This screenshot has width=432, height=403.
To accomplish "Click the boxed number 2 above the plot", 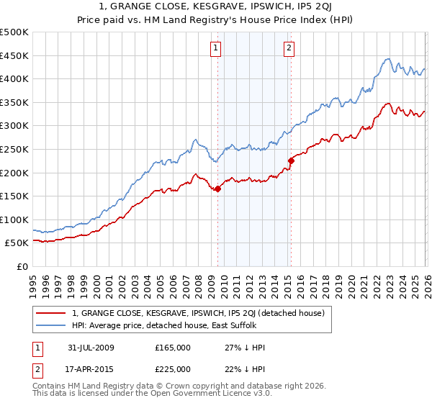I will [x=289, y=48].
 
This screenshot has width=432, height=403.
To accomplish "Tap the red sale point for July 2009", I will [x=217, y=189].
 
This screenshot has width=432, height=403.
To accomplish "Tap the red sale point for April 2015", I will [x=291, y=160].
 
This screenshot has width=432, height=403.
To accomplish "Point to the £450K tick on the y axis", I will [x=14, y=55].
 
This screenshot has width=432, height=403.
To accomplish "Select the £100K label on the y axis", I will [x=14, y=219].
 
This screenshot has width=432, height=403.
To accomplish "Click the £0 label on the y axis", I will [x=22, y=266].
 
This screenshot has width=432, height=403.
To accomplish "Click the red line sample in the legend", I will [x=51, y=313].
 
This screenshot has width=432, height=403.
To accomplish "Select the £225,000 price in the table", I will [x=173, y=368].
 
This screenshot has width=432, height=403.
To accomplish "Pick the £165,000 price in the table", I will [x=173, y=348].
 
